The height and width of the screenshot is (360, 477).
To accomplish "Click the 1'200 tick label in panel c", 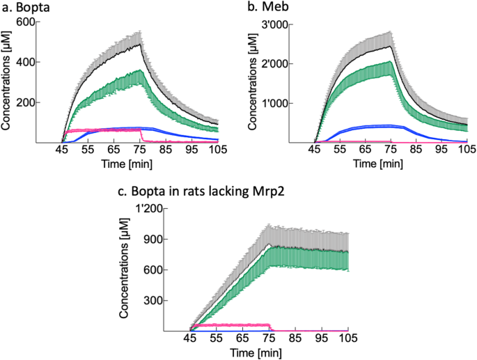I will [x=148, y=210].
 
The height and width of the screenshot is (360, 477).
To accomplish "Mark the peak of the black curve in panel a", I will [x=141, y=43].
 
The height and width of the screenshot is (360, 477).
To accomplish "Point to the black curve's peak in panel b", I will [x=393, y=46].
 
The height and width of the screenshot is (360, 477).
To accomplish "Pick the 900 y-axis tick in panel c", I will [x=153, y=240].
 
